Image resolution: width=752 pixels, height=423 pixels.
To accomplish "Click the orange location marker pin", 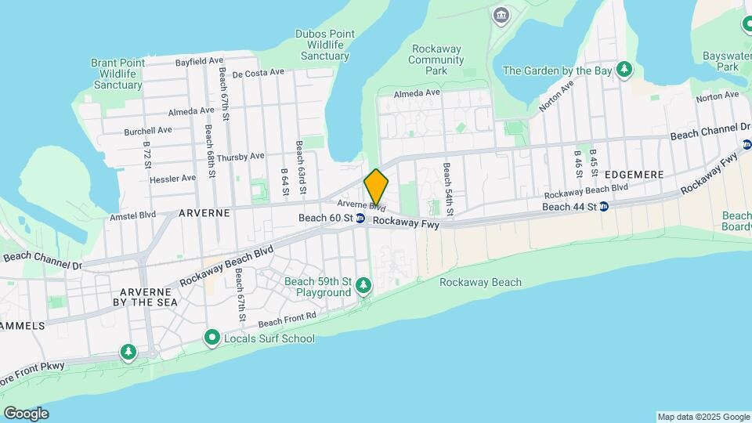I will pyautogui.click(x=376, y=186).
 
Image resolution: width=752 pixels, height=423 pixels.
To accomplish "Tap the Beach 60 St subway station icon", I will pyautogui.click(x=360, y=219).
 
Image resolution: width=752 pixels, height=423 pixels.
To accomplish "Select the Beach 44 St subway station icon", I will pyautogui.click(x=604, y=207).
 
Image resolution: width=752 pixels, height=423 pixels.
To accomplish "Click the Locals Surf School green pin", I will pyautogui.click(x=211, y=338).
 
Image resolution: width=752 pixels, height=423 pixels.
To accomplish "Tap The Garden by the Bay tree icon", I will pyautogui.click(x=624, y=70).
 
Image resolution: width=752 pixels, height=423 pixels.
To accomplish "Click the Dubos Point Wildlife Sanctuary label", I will pyautogui.click(x=325, y=45).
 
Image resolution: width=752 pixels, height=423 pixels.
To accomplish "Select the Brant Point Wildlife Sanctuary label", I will pyautogui.click(x=116, y=74).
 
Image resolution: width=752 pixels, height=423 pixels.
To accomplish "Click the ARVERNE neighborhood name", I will pyautogui.click(x=204, y=212).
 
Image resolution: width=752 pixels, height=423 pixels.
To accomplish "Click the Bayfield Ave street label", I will pyautogui.click(x=200, y=60).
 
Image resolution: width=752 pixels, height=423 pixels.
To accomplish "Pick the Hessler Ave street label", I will pyautogui.click(x=172, y=178).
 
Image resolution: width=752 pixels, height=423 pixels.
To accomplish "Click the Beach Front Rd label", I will pyautogui.click(x=287, y=320).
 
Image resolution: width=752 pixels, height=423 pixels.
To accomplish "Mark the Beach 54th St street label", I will pyautogui.click(x=448, y=190).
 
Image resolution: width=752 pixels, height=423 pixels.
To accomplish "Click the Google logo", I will pyautogui.click(x=26, y=413).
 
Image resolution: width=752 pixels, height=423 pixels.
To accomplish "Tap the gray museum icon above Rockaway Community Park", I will pyautogui.click(x=500, y=15).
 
